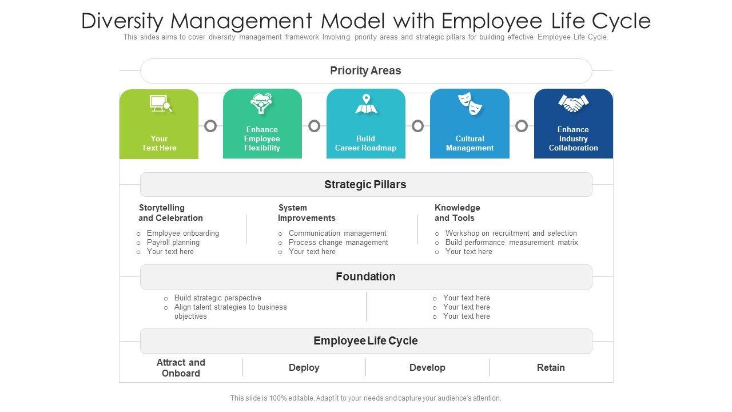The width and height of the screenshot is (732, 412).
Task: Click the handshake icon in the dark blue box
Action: [x=573, y=104]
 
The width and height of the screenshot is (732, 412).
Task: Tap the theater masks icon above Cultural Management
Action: [x=470, y=104]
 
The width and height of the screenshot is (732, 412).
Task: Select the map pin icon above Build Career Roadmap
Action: [x=366, y=104]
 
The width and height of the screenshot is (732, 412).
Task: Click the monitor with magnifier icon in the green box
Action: [x=161, y=104]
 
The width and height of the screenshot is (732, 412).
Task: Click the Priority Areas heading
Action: [x=365, y=71]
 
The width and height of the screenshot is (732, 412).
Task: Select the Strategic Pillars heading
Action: [x=365, y=185]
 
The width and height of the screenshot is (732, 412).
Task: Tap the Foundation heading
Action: [x=365, y=277]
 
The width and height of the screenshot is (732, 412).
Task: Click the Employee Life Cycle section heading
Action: [x=365, y=341]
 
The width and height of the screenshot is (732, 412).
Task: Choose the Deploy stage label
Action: [x=304, y=368]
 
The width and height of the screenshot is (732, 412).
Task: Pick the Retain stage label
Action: [x=551, y=368]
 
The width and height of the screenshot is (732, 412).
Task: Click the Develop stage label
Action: [x=427, y=368]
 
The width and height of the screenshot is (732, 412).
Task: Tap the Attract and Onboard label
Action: [x=181, y=368]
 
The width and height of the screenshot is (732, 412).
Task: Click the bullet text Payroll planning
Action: [x=173, y=243]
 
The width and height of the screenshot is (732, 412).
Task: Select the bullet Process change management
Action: [x=338, y=243]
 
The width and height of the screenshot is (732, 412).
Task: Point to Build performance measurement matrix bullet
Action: [x=511, y=243]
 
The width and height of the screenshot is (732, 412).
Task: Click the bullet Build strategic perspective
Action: [x=217, y=298]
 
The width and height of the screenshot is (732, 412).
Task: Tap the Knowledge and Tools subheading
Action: [x=457, y=213]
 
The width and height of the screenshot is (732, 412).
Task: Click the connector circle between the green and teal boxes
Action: [x=210, y=126]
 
